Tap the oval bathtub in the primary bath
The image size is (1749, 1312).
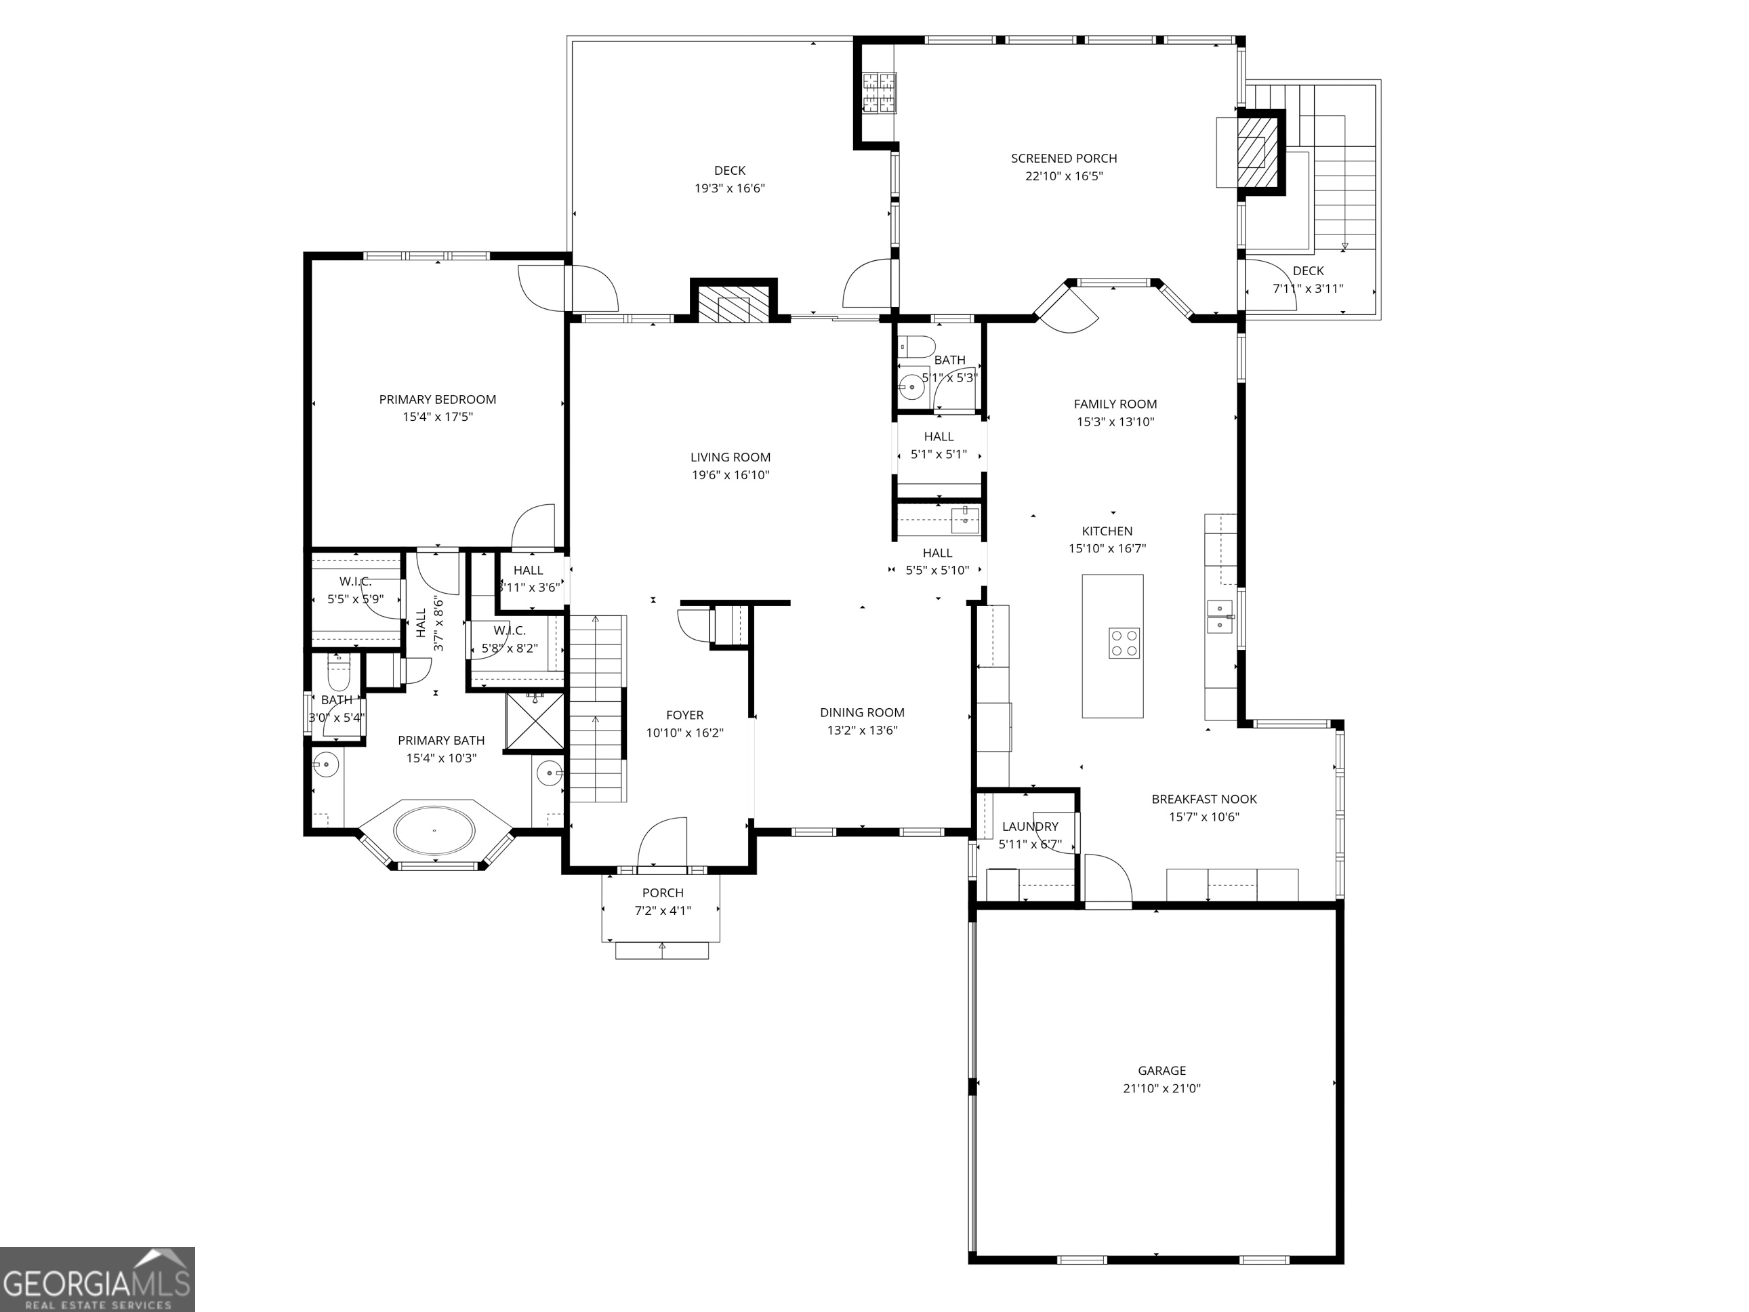pyautogui.click(x=435, y=830)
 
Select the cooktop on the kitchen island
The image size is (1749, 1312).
pyautogui.click(x=1124, y=643)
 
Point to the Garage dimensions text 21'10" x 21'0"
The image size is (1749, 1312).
pyautogui.click(x=1161, y=1088)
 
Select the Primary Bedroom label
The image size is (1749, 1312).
pyautogui.click(x=437, y=399)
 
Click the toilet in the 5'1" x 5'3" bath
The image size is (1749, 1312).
pyautogui.click(x=918, y=346)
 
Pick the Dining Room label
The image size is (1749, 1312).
pyautogui.click(x=862, y=712)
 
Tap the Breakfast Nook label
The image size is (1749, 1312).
pyautogui.click(x=1204, y=800)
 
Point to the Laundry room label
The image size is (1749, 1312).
pyautogui.click(x=1030, y=826)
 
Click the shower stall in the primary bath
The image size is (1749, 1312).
pyautogui.click(x=535, y=720)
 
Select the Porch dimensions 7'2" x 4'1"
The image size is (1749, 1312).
pyautogui.click(x=663, y=910)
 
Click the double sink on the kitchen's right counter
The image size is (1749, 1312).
pyautogui.click(x=1220, y=617)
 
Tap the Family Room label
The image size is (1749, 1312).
pyautogui.click(x=1115, y=404)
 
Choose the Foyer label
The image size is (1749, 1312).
pyautogui.click(x=684, y=715)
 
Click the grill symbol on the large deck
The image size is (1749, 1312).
pyautogui.click(x=880, y=94)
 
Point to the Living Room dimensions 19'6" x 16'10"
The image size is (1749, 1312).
pyautogui.click(x=730, y=475)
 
